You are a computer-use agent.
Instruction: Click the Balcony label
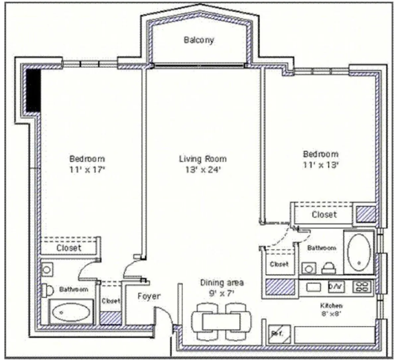tap(199, 40)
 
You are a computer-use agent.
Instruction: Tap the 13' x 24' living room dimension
tap(203, 170)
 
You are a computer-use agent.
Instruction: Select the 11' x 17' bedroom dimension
tap(87, 170)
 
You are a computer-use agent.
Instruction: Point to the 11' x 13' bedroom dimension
tap(320, 165)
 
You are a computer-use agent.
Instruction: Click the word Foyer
tap(149, 296)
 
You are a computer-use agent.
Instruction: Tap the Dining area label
tap(222, 283)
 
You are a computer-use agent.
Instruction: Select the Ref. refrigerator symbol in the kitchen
tap(279, 333)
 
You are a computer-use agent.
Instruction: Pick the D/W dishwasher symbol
tap(336, 286)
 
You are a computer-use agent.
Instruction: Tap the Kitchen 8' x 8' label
tap(331, 309)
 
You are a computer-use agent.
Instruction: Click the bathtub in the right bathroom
tap(359, 252)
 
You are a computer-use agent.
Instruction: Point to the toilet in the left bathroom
tap(47, 290)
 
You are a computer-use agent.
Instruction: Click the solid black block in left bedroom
tap(33, 90)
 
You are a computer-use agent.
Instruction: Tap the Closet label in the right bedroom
tap(324, 214)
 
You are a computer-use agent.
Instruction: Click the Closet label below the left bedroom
tap(69, 248)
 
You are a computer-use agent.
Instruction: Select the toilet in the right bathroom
tap(329, 268)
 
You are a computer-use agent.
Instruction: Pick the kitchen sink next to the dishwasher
tap(313, 287)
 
